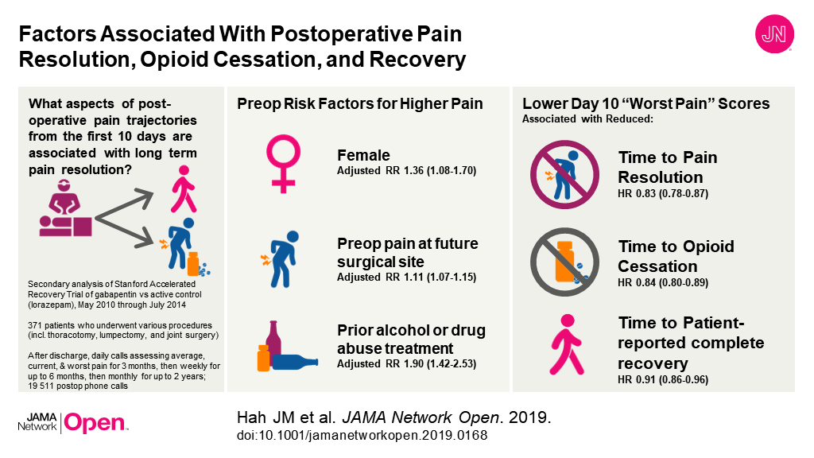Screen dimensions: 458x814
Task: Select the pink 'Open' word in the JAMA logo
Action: [x=95, y=424]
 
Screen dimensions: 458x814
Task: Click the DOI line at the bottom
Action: [x=362, y=436]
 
